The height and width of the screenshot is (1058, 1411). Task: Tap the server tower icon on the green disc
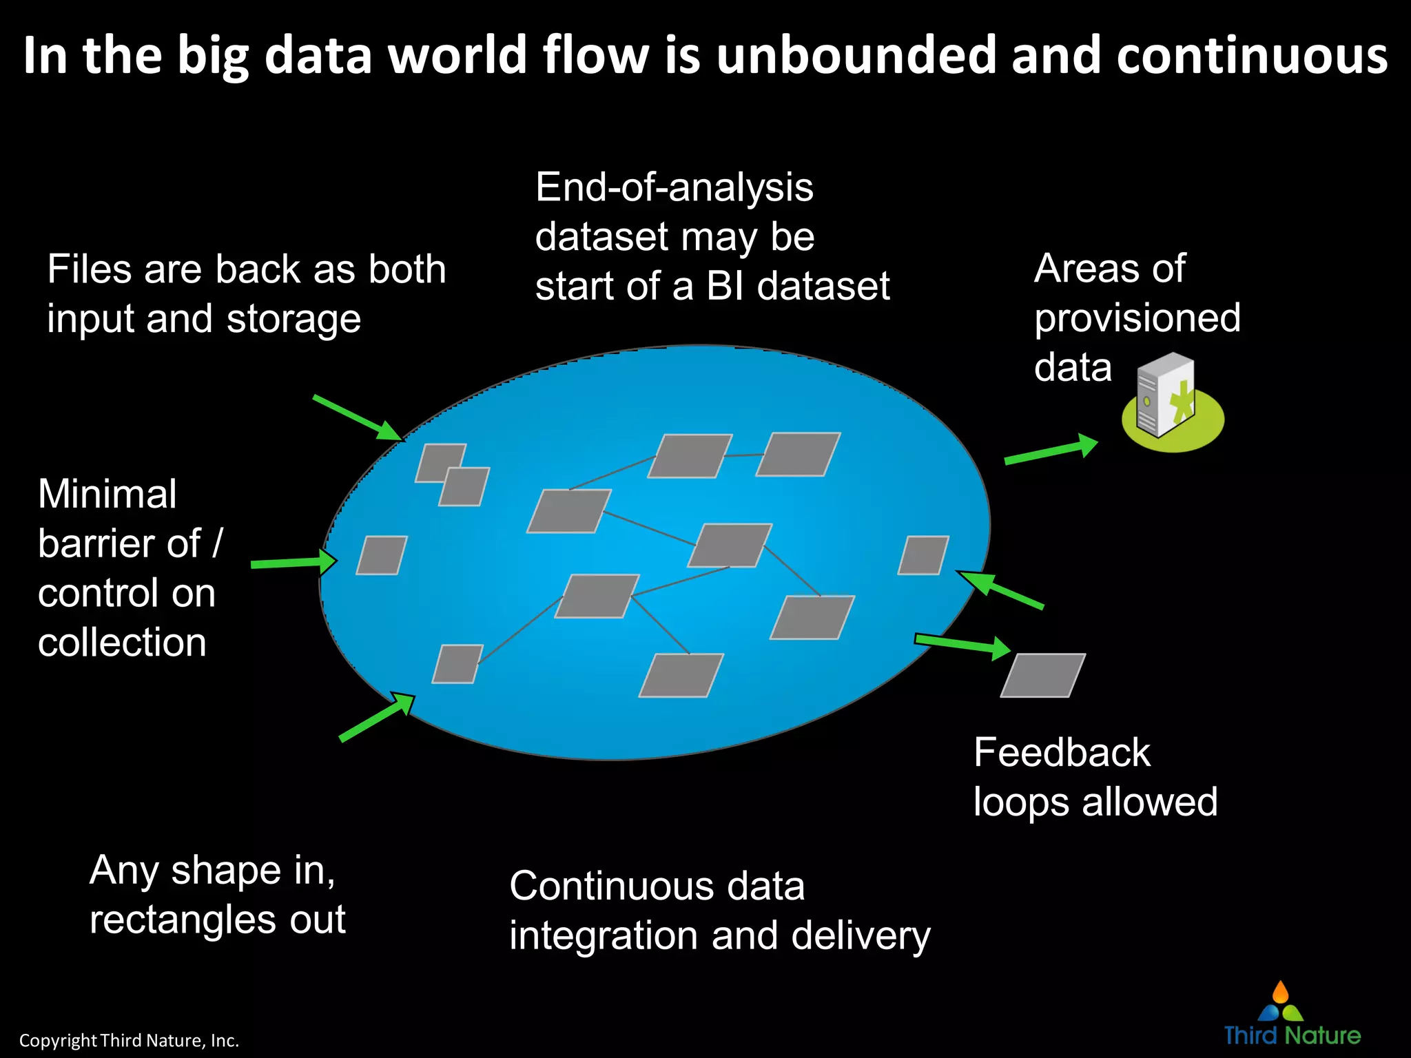point(1166,395)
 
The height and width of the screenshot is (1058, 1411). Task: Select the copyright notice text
point(129,1040)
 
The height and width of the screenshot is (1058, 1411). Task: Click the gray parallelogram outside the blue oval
point(1042,675)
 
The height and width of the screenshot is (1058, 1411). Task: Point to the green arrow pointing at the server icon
point(1050,450)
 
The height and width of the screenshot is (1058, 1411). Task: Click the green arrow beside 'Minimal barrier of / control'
point(293,563)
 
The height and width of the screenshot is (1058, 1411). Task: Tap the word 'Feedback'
point(1062,752)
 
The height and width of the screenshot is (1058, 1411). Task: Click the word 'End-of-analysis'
point(674,187)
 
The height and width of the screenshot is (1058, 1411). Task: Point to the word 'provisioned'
point(1137,318)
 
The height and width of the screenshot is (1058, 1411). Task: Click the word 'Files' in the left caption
point(89,269)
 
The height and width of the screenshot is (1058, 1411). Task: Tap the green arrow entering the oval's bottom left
point(378,717)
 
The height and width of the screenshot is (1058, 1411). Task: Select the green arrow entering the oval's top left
point(357,417)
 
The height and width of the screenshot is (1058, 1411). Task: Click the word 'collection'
point(122,643)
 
